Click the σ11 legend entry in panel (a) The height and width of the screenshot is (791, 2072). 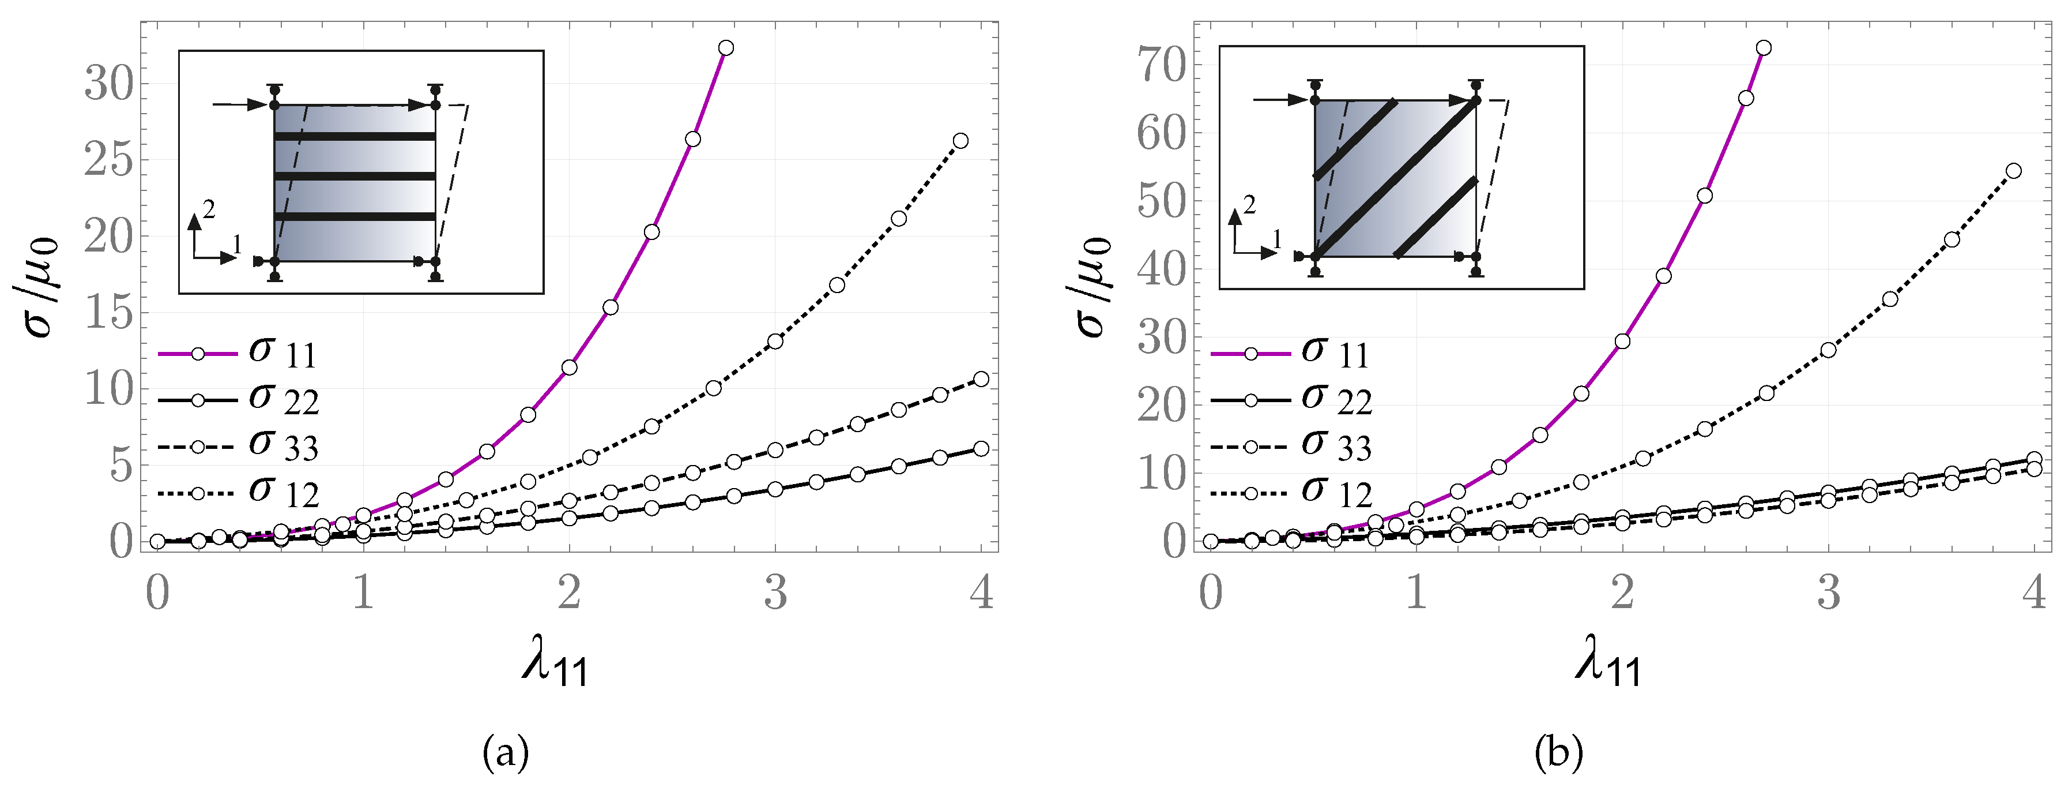[238, 353]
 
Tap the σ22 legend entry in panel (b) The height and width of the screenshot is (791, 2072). [1291, 400]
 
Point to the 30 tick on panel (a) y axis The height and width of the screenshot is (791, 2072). [110, 84]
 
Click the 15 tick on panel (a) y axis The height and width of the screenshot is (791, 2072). [110, 312]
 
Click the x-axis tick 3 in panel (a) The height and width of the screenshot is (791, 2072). [775, 593]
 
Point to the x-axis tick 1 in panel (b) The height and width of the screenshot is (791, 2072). [1417, 593]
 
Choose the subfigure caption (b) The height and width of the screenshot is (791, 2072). [1559, 754]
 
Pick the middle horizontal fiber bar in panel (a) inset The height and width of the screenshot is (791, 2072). [355, 176]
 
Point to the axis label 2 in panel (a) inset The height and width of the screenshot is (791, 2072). [209, 210]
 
